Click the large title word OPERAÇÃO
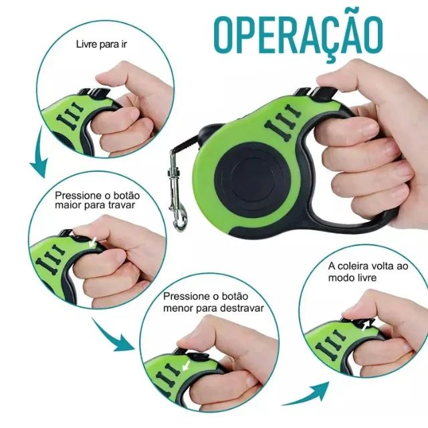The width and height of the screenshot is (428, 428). [x=298, y=35]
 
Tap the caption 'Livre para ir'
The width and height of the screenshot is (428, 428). [x=101, y=44]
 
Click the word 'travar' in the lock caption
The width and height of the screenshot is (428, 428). [x=121, y=205]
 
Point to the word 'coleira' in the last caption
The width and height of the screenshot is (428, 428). [x=353, y=266]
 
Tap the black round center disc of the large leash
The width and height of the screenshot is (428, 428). [x=253, y=179]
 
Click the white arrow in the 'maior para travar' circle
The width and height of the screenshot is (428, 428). [x=93, y=243]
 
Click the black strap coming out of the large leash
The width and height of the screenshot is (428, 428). [x=189, y=144]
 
